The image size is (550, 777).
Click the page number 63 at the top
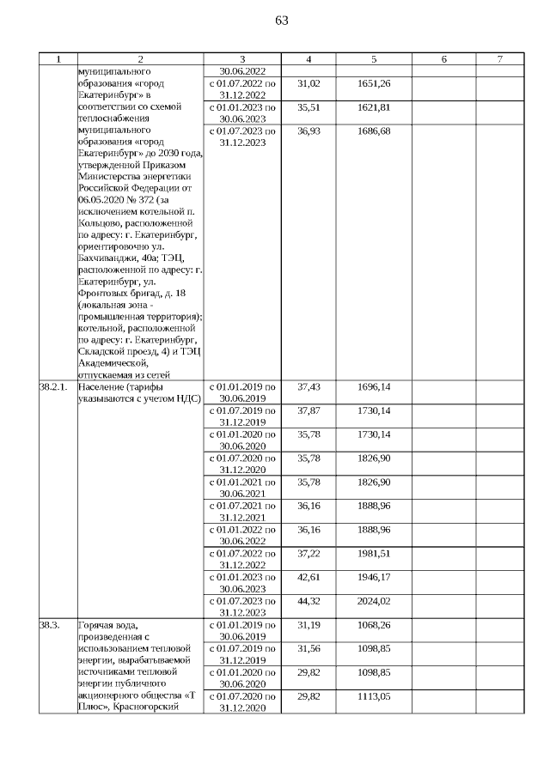pos(282,21)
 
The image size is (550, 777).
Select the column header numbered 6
pos(443,59)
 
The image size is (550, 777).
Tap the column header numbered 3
pos(242,59)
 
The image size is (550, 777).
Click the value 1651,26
pos(374,83)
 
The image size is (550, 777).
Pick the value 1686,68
pos(374,131)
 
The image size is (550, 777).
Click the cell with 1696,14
pos(374,387)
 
